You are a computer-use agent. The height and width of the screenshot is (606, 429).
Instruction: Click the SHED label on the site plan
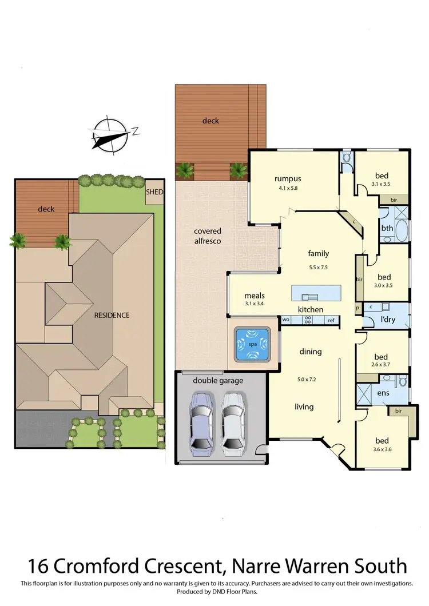[154, 193]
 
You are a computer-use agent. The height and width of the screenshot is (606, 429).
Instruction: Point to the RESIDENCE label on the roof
[112, 315]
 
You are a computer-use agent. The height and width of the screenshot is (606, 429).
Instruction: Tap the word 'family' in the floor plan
[318, 253]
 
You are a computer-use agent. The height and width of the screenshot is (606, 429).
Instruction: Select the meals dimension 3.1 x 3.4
[254, 304]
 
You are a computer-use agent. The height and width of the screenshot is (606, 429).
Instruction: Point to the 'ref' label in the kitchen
[331, 320]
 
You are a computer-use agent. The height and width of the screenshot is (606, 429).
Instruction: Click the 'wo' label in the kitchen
[286, 320]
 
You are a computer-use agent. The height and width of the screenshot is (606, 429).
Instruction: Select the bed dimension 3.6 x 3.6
[382, 449]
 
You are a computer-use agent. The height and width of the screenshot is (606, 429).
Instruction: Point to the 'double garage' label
[217, 380]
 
